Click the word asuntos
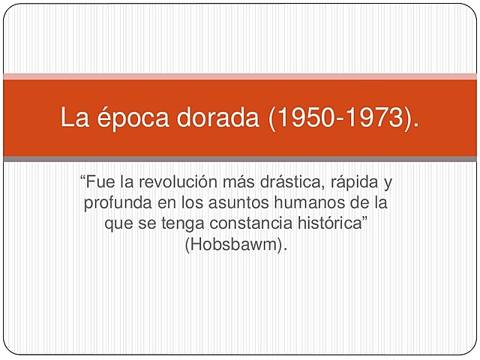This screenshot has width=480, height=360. coord(237,202)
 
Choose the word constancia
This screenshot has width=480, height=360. coord(241,223)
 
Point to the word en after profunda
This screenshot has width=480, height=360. coord(163,202)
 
